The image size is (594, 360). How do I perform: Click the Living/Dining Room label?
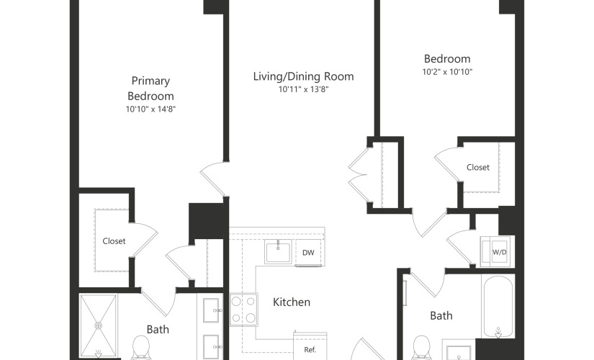tap(303, 76)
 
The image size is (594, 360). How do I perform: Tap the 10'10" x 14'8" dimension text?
tap(150, 109)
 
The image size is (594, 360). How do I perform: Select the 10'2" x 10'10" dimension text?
tap(447, 71)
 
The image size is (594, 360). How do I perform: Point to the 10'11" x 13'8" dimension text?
tap(303, 89)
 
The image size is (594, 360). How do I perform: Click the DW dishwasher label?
tap(308, 253)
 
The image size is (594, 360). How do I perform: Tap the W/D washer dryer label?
tap(499, 253)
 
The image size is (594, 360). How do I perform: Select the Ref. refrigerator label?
tap(310, 350)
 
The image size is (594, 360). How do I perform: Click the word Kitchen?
tap(292, 302)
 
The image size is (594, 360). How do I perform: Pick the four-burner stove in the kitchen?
tap(243, 309)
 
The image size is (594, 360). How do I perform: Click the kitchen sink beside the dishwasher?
tap(278, 251)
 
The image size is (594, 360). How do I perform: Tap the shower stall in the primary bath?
tap(98, 326)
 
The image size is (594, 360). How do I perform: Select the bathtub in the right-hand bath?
tap(498, 306)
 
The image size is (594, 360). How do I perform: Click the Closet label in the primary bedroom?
tap(114, 241)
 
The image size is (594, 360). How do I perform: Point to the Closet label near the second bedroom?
tap(478, 167)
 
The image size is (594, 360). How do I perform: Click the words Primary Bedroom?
tap(150, 89)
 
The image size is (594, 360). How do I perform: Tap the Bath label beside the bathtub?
tap(441, 315)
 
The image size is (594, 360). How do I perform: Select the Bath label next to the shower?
tap(158, 329)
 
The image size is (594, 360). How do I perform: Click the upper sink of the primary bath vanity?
tap(212, 310)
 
